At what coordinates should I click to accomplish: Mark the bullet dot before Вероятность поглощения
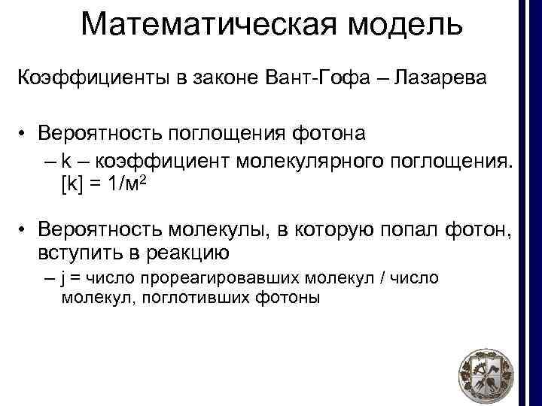pos(24,135)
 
